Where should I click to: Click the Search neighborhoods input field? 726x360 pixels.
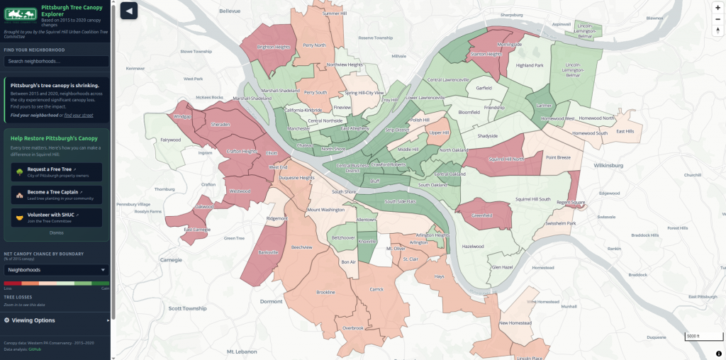coord(55,62)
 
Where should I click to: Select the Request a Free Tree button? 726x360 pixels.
coord(56,171)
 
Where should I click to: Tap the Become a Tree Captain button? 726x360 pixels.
coord(56,194)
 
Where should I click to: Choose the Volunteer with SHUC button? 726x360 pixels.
coord(56,216)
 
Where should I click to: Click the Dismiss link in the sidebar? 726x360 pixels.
coord(56,232)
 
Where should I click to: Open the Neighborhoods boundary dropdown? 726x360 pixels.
coord(56,270)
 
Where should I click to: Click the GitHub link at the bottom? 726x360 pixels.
coord(35,349)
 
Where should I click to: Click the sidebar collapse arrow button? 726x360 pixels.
coord(129,11)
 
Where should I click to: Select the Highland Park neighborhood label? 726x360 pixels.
coord(530,65)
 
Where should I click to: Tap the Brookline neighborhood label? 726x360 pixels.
coord(325,292)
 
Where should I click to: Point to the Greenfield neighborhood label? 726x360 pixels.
coord(482,215)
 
